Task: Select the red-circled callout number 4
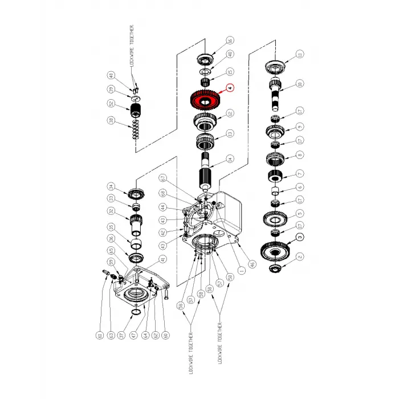tap(230, 88)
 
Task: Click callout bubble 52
tap(111, 103)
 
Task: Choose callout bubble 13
tap(230, 134)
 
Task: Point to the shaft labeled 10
tap(278, 91)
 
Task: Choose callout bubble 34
tap(112, 186)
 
